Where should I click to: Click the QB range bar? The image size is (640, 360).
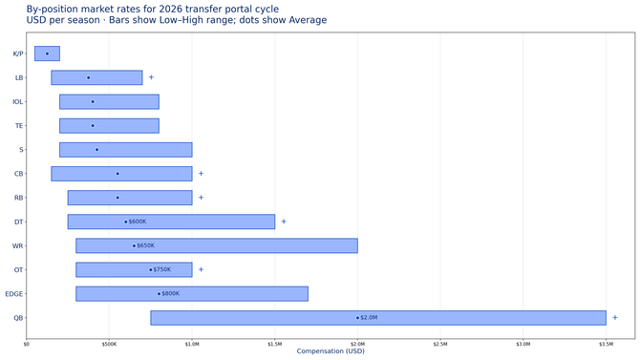point(377,318)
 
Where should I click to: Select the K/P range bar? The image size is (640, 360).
point(47,53)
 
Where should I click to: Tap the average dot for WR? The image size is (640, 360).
point(134,245)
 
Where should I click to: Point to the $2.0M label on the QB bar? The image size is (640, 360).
point(370,318)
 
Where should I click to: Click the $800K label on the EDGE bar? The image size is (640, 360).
point(170,294)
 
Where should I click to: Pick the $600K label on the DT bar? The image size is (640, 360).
point(138,222)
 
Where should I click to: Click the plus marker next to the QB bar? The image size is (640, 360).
point(615,318)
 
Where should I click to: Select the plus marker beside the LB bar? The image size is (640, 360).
point(151,77)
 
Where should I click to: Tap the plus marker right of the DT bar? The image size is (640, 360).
point(284,222)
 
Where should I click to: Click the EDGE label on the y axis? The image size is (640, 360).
point(14,294)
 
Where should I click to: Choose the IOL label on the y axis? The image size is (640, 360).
point(18,101)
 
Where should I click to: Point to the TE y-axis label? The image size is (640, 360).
point(20,125)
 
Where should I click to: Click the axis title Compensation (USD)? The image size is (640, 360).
point(330,351)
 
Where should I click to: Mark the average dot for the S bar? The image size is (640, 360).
point(96,150)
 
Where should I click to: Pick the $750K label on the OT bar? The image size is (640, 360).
point(162,269)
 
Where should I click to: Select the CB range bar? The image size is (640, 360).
point(121,174)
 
